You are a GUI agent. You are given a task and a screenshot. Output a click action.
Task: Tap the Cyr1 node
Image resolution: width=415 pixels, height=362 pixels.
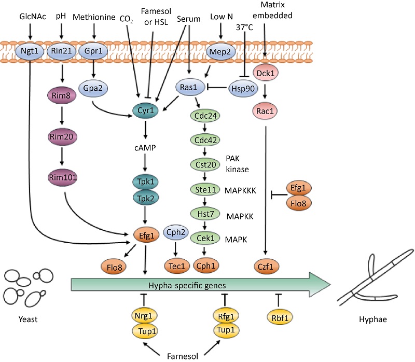point(145,111)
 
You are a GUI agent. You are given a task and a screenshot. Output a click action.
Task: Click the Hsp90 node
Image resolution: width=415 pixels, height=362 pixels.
point(244,88)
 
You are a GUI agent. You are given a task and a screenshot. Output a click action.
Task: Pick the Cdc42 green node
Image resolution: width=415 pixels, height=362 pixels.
point(206,140)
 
